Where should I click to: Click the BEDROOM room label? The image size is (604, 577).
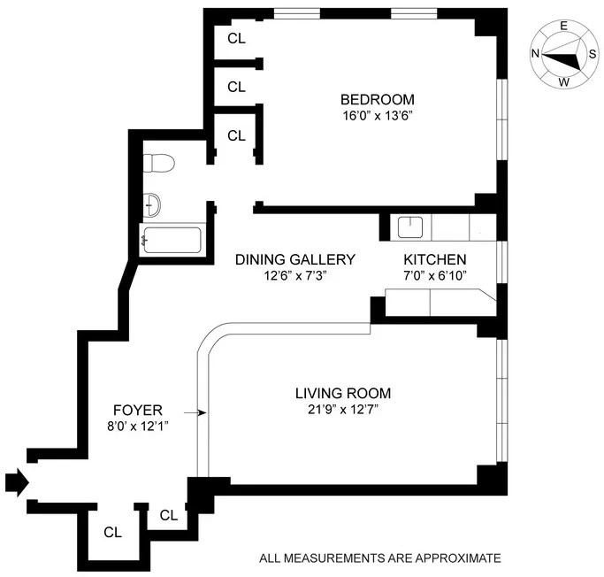378,99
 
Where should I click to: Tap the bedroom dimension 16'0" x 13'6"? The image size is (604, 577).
378,116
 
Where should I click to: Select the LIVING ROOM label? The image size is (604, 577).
343,393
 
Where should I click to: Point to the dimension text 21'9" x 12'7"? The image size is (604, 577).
343,409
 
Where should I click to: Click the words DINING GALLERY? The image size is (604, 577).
294,259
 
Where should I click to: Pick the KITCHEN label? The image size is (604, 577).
434,259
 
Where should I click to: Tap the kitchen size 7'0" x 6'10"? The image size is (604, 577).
434,275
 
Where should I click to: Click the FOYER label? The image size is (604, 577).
137,410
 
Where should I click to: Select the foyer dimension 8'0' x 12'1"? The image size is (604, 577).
137,426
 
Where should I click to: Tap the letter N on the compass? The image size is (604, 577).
536,53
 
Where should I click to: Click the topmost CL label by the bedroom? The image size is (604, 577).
236,38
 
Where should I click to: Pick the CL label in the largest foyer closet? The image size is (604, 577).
112,533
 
